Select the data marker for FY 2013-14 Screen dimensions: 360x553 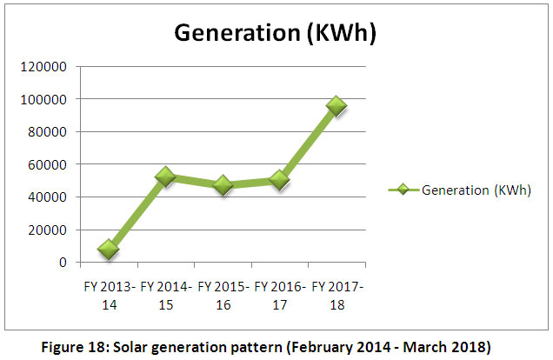tap(108, 250)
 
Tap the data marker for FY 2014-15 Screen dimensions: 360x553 tap(165, 177)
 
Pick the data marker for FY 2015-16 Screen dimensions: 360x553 tap(223, 185)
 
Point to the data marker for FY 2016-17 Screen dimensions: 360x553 tap(279, 180)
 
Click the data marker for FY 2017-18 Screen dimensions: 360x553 tap(336, 105)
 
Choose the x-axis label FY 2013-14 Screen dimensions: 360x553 tap(108, 293)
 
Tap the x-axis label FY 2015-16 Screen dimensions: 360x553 tap(223, 293)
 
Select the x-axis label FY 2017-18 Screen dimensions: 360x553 tap(337, 293)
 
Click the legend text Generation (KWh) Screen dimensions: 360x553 tap(476, 190)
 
